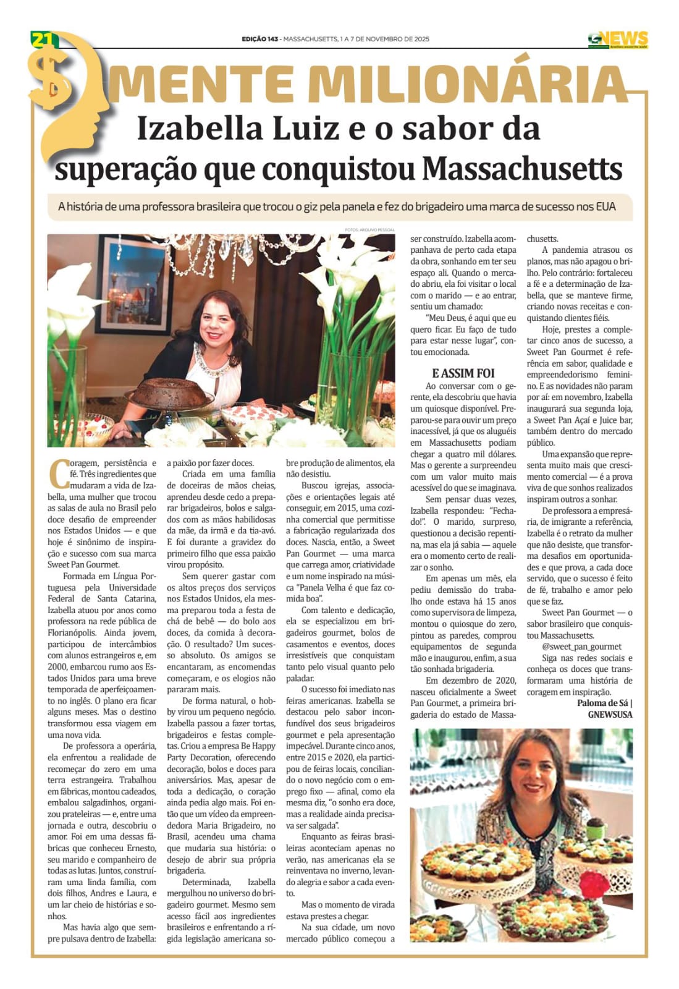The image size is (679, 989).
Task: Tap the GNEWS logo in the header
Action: (617, 39)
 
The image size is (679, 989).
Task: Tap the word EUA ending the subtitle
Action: (605, 206)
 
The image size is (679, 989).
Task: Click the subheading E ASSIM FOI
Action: (463, 373)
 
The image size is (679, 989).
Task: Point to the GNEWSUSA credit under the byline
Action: (610, 715)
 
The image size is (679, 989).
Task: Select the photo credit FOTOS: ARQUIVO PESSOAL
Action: (370, 230)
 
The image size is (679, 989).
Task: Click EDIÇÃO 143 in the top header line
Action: (259, 39)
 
